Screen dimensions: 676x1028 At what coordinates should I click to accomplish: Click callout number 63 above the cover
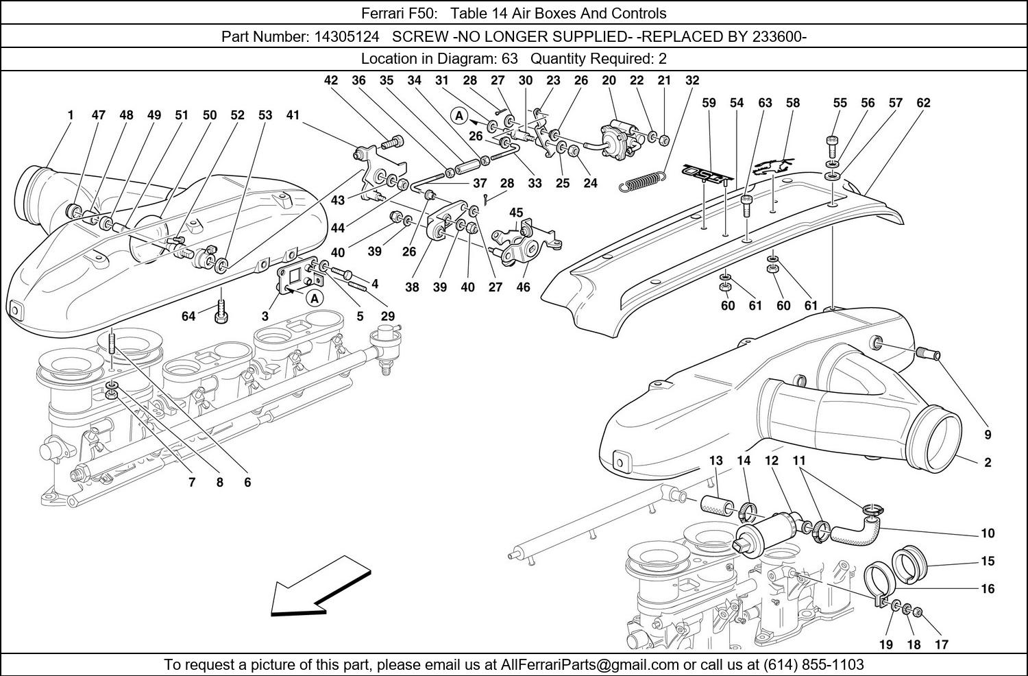pos(765,103)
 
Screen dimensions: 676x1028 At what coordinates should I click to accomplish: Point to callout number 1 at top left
pos(70,115)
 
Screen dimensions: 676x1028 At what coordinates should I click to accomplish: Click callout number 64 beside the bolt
pos(188,316)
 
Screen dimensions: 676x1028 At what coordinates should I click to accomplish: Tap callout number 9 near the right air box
pos(988,435)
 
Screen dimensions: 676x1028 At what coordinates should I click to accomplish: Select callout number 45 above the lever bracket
pos(516,213)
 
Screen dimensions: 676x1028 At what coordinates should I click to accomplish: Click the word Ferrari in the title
pos(383,13)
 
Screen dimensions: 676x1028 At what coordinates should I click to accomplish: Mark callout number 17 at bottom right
pos(941,644)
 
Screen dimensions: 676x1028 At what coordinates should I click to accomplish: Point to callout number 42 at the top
pos(330,80)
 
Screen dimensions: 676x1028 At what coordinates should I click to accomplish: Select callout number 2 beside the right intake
pos(988,463)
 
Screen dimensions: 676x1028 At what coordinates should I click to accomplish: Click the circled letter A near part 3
pos(315,298)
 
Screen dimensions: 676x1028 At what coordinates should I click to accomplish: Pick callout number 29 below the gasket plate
pos(388,316)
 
